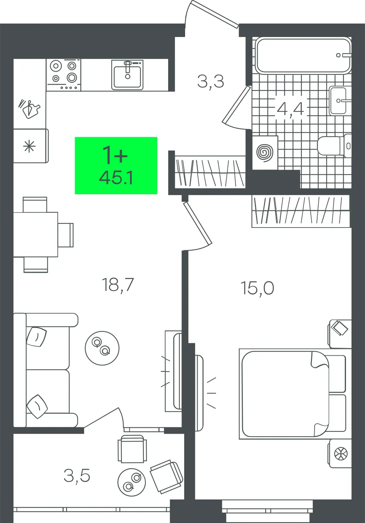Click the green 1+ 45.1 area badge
point(116,165)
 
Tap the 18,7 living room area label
point(118,285)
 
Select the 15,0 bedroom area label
point(257,288)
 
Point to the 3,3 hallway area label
point(210,81)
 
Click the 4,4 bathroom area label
point(290,109)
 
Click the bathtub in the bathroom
point(303,55)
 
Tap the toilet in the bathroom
point(334,146)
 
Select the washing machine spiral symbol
point(265,153)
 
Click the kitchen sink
point(127,75)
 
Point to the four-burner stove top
point(64,75)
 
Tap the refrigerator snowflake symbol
point(29,146)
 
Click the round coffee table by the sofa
point(102,348)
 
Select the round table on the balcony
point(132,482)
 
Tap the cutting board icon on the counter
point(30,109)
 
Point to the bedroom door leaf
point(198,223)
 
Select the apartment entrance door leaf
point(215,13)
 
